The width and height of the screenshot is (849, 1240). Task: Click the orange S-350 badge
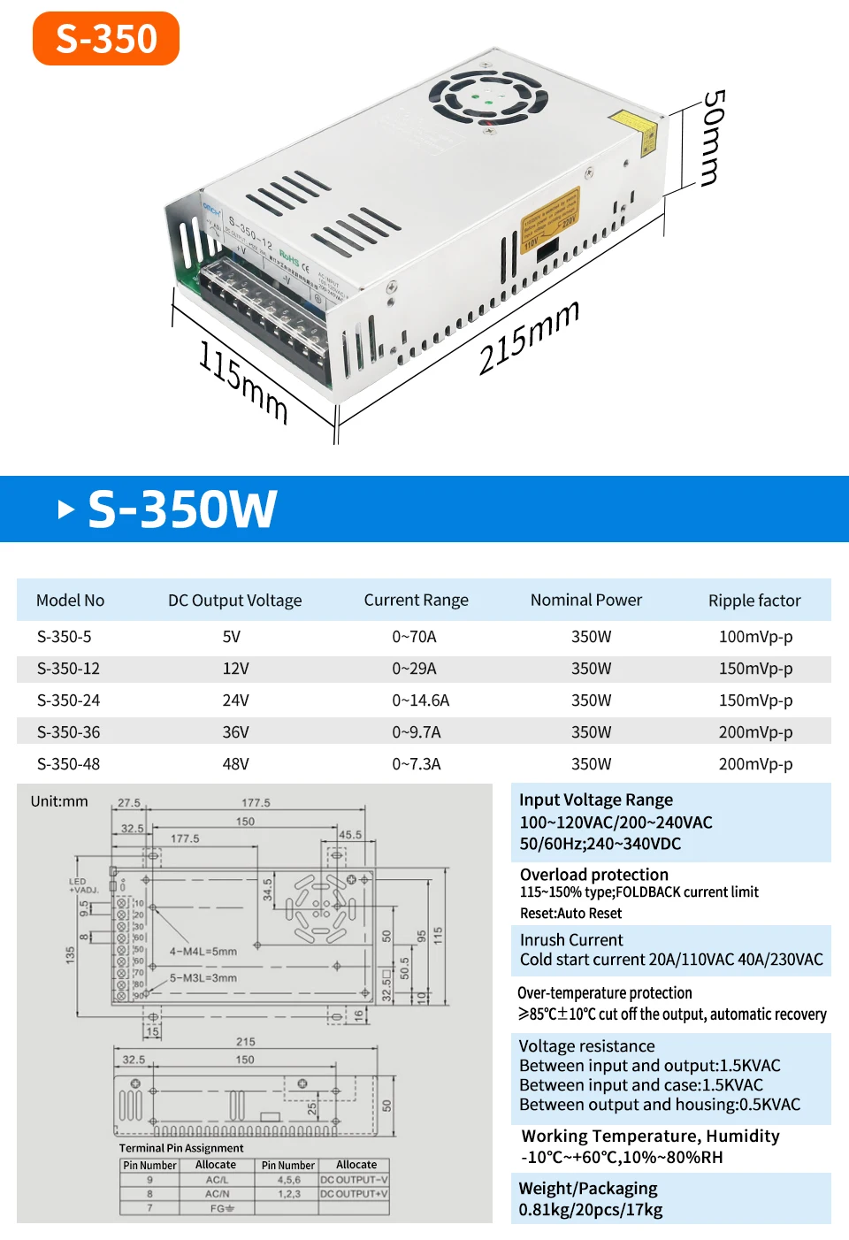[x=106, y=39]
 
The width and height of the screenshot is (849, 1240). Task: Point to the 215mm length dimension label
[x=529, y=337]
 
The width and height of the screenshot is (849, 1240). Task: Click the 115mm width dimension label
[x=243, y=381]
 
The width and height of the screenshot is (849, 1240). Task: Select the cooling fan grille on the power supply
[x=488, y=96]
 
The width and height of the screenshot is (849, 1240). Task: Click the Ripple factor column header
[x=754, y=601]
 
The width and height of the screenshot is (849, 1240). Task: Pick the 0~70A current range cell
[x=414, y=637]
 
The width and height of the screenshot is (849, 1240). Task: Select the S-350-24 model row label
[x=68, y=700]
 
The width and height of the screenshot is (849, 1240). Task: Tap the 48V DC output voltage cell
[x=235, y=764]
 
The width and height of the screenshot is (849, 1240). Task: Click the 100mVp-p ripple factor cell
[x=755, y=637]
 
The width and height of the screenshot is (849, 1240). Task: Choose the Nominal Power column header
[x=586, y=600]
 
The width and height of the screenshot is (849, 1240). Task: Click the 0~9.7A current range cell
[x=416, y=732]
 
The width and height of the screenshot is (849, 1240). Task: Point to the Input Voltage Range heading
[x=596, y=800]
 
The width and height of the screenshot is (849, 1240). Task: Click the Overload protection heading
[x=594, y=874]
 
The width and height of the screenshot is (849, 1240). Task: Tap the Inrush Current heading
[x=571, y=939]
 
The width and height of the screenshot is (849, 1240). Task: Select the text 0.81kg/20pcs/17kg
[x=591, y=1209]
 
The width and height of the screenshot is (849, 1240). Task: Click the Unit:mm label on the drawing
[x=59, y=801]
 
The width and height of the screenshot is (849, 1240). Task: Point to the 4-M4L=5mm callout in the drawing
[x=203, y=952]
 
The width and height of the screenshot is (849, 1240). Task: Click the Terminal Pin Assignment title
[x=181, y=1148]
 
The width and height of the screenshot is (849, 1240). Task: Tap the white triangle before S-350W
[x=65, y=509]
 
